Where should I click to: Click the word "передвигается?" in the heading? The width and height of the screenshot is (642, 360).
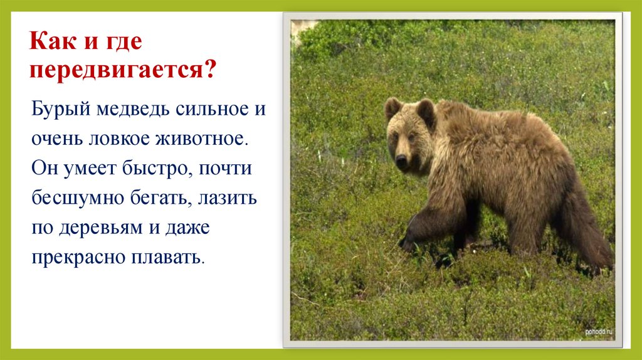[123, 69]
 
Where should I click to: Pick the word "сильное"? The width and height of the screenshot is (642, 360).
[213, 110]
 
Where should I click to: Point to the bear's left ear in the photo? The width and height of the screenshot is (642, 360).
[393, 108]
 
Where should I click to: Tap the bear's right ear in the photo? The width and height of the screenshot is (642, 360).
[426, 112]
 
